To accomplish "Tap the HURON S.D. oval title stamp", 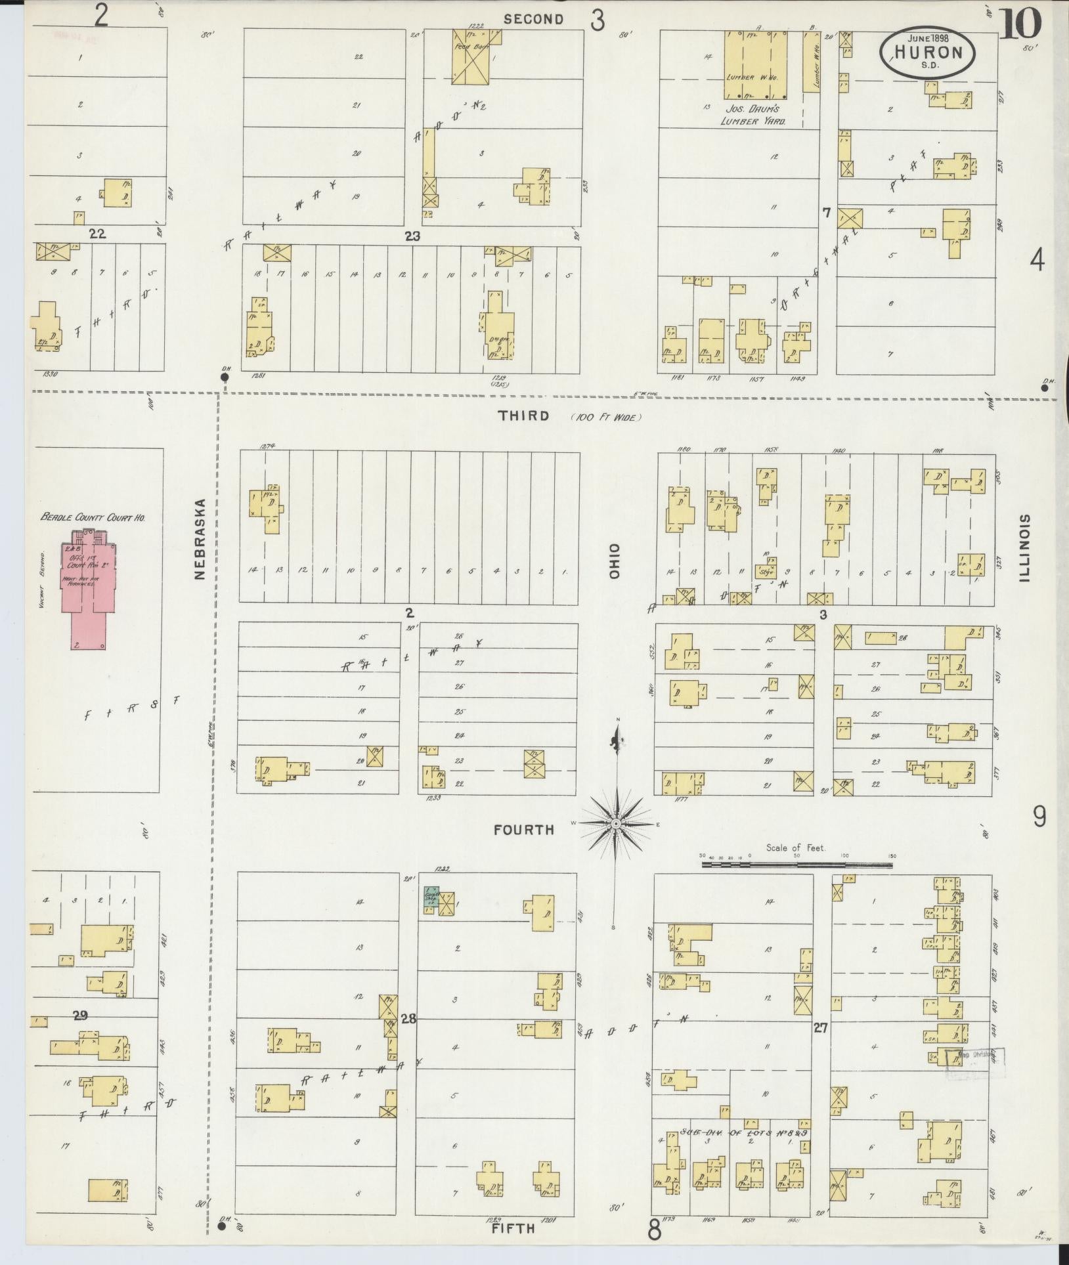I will pos(927,53).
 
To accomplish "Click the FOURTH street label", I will pos(524,830).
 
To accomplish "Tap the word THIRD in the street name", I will pos(523,416).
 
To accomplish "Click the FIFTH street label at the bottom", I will pos(513,1229).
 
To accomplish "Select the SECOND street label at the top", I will pos(533,19).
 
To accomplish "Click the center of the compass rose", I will pos(617,823).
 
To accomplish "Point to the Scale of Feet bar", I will pos(796,865).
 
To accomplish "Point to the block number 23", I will pos(412,236).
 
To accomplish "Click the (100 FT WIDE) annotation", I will pos(605,417).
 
